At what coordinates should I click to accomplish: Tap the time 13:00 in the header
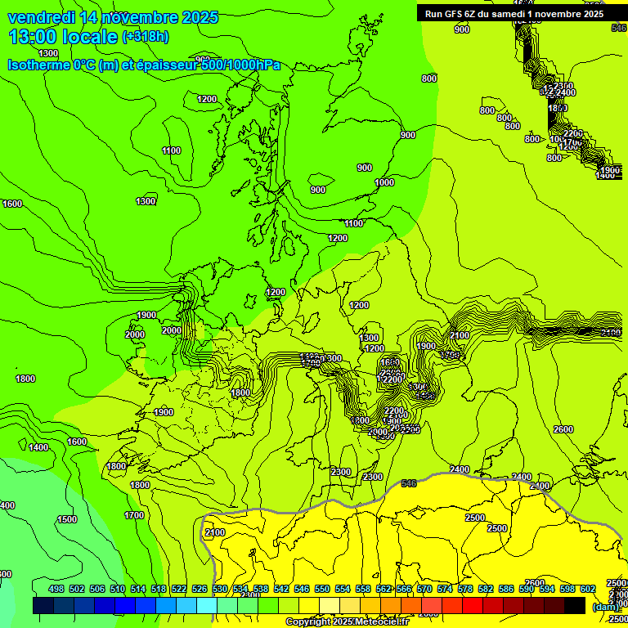pyautogui.click(x=33, y=37)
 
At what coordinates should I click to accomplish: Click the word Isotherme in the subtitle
pyautogui.click(x=38, y=65)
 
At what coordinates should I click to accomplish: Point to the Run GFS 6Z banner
pyautogui.click(x=514, y=13)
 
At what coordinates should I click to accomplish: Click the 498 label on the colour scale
pyautogui.click(x=56, y=589)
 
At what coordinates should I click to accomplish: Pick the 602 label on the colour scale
pyautogui.click(x=587, y=589)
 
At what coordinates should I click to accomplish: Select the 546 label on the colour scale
pyautogui.click(x=302, y=589)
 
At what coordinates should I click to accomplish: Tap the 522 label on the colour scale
pyautogui.click(x=179, y=589)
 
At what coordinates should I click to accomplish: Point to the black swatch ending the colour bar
pyautogui.click(x=575, y=605)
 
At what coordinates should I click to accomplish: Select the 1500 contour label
pyautogui.click(x=67, y=519)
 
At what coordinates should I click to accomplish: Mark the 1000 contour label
pyautogui.click(x=384, y=182)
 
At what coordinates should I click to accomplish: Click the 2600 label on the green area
pyautogui.click(x=563, y=429)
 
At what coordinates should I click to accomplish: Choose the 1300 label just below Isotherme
pyautogui.click(x=48, y=76)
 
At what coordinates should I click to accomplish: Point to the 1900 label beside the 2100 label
pyautogui.click(x=426, y=346)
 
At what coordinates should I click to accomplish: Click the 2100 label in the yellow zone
pyautogui.click(x=214, y=532)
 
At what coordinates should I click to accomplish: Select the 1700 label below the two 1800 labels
pyautogui.click(x=134, y=515)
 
